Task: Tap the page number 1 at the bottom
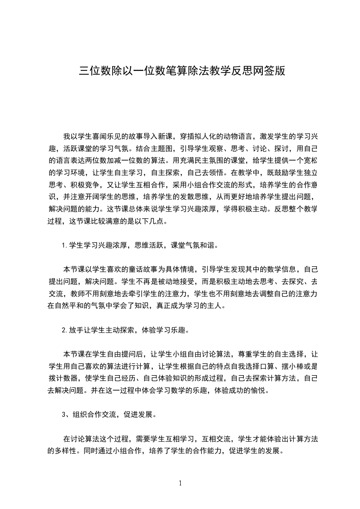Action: [180, 483]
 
